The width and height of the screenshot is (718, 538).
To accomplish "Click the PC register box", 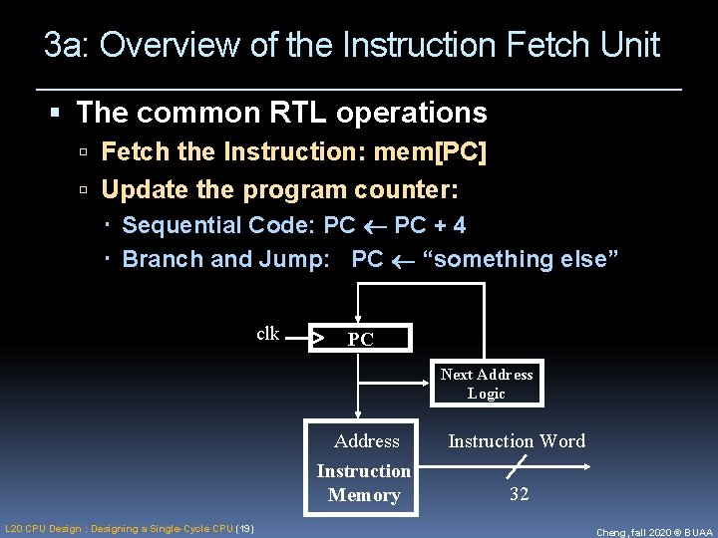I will [x=360, y=339].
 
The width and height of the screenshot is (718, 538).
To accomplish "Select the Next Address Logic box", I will [x=487, y=383].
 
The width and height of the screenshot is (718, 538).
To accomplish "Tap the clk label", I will [x=268, y=334].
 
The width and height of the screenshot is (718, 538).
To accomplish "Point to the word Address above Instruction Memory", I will [x=366, y=440].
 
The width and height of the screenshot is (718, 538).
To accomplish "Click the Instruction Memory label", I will [x=364, y=482].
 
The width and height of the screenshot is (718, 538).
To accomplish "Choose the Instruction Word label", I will [x=517, y=440].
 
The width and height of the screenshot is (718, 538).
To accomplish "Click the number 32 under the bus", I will [x=519, y=494].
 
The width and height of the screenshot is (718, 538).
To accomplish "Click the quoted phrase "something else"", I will [x=521, y=259].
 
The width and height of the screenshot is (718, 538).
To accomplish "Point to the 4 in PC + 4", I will [x=459, y=225].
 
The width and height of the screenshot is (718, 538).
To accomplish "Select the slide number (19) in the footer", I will [x=244, y=528].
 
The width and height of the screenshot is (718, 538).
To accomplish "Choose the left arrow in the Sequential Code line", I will [x=375, y=226].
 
